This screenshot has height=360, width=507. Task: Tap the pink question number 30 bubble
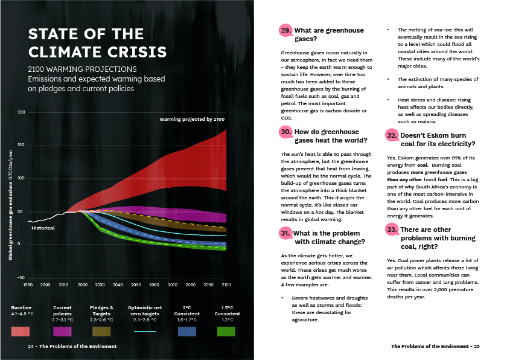click(x=286, y=132)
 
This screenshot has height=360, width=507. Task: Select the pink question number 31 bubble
click(x=286, y=233)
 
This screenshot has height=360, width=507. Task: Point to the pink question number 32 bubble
click(x=393, y=135)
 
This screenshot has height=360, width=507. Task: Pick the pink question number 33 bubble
click(x=393, y=230)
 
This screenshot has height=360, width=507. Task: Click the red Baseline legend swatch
click(x=21, y=331)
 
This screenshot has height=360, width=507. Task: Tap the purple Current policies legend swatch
click(x=62, y=331)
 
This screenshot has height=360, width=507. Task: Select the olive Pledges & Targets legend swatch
click(x=101, y=331)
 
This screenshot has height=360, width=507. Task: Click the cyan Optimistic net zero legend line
click(x=144, y=331)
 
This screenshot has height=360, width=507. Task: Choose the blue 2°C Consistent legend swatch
click(x=187, y=331)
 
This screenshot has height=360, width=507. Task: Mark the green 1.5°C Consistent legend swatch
click(x=226, y=331)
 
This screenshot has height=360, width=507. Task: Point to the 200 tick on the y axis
click(x=22, y=113)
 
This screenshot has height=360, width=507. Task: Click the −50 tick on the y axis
click(x=21, y=277)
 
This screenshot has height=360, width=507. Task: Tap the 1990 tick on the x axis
click(x=28, y=284)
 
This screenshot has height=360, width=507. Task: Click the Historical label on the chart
click(x=43, y=228)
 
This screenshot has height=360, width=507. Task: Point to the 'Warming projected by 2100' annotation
click(x=192, y=120)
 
